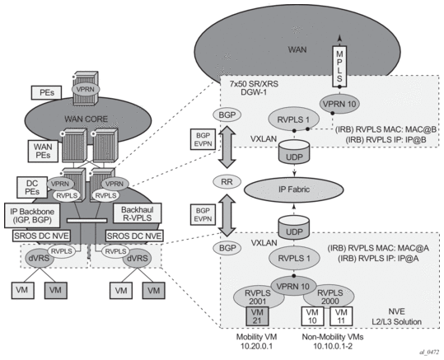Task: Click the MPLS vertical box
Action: tap(339, 66)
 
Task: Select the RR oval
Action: tap(227, 182)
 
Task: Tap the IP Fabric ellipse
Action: tap(292, 189)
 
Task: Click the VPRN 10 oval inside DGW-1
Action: tap(339, 104)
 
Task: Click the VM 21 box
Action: tap(257, 316)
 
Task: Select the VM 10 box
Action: tap(312, 316)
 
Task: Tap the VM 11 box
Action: tap(341, 316)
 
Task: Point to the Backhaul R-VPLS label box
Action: tap(137, 213)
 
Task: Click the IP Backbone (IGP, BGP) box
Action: tap(32, 215)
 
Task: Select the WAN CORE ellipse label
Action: tap(86, 119)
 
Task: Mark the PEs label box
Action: tap(46, 92)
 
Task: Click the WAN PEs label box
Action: tap(43, 151)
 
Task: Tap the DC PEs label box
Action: tap(32, 187)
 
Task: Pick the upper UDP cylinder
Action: tap(294, 152)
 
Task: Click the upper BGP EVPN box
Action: tap(203, 139)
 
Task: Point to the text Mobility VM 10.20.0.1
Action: tap(256, 341)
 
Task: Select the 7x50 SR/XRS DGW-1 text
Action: tap(254, 88)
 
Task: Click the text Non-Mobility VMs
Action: tap(333, 337)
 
